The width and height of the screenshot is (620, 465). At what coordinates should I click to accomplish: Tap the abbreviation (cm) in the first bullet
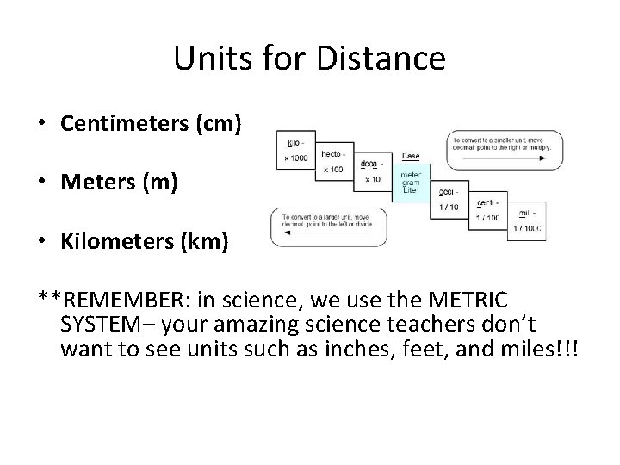(x=214, y=123)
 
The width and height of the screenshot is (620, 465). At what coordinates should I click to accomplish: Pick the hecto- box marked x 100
(x=331, y=161)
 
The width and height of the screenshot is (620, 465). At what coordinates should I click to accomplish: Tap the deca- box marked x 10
(x=372, y=173)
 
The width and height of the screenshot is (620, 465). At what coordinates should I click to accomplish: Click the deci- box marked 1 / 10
(x=450, y=198)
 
